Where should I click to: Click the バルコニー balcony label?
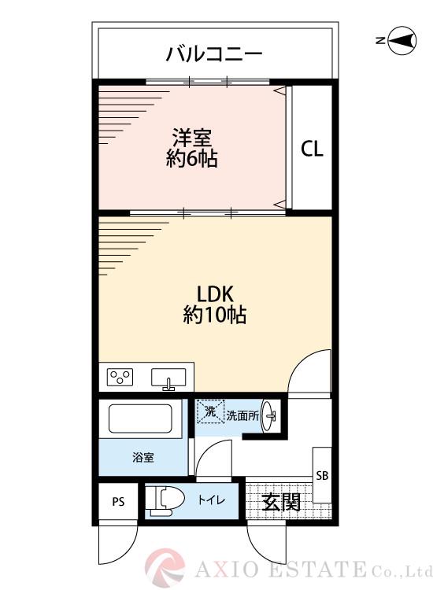tap(213, 54)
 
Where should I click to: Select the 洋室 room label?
tap(191, 137)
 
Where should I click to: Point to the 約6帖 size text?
tap(191, 159)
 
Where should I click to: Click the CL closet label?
tap(313, 149)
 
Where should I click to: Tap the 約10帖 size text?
tap(215, 315)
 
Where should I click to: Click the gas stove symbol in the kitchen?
tap(121, 378)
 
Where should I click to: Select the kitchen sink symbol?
tap(168, 378)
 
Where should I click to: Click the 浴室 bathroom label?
tap(142, 456)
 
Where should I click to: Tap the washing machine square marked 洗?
tap(210, 411)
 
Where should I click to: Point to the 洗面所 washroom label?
tap(242, 415)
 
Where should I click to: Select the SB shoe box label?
tap(322, 476)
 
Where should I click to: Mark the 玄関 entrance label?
tap(281, 501)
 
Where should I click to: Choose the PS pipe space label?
tap(118, 501)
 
